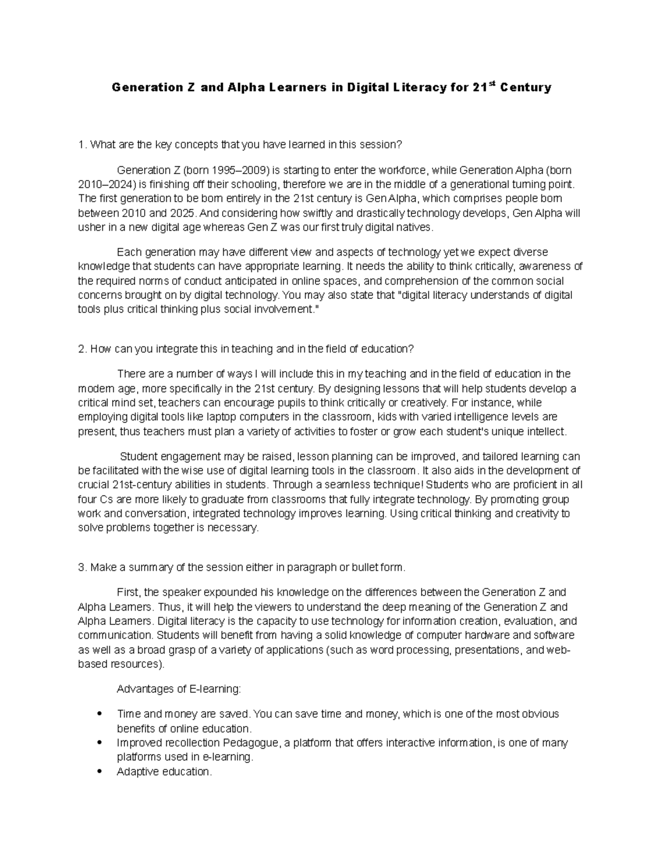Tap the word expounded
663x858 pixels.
(x=223, y=592)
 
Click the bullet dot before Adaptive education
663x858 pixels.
(x=99, y=771)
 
